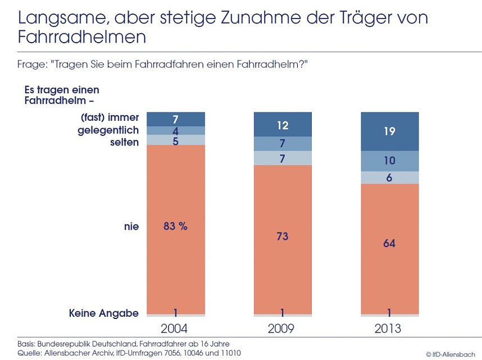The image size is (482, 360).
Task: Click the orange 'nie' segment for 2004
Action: point(175,253)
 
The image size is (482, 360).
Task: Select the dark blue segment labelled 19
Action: point(389,131)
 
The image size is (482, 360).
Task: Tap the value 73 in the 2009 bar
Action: point(282,236)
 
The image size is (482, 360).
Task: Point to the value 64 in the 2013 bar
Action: point(389,243)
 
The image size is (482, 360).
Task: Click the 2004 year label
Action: point(176,329)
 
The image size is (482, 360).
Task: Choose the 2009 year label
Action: point(282,329)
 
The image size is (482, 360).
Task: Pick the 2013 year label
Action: point(389,329)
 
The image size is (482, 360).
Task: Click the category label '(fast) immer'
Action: point(110,119)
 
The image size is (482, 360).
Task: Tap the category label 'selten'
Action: point(124,142)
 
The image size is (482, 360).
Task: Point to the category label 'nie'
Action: point(131,226)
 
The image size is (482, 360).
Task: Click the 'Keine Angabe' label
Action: point(103,313)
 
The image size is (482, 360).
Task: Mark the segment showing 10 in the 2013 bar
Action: point(389,161)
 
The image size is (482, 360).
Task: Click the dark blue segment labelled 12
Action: point(282,124)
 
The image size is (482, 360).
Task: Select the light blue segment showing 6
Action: point(389,177)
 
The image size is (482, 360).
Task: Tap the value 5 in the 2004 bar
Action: point(175,140)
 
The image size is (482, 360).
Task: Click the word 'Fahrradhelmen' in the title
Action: point(82,38)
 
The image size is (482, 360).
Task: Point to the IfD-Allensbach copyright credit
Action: point(450,354)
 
